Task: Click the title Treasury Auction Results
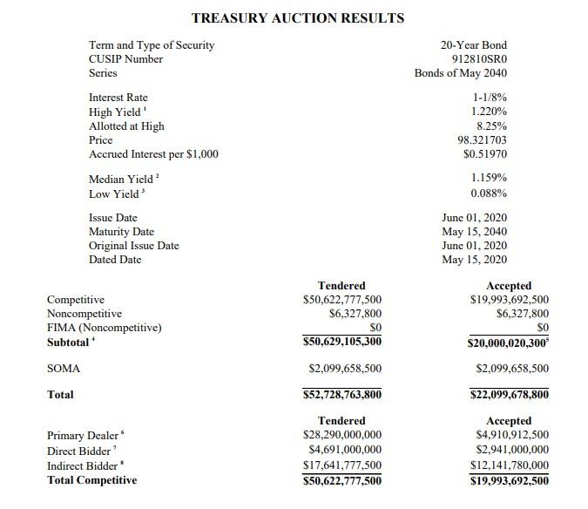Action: click(297, 18)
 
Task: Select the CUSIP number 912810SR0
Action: click(478, 59)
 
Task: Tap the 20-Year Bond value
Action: click(474, 45)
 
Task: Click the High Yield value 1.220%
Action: click(489, 112)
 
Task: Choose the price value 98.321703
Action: click(482, 139)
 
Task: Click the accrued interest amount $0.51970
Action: click(485, 154)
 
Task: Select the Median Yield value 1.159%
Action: click(489, 178)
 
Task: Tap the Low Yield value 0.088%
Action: click(489, 193)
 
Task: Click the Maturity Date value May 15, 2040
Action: click(474, 231)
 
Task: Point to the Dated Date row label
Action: click(114, 259)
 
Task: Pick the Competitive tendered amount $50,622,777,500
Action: click(341, 300)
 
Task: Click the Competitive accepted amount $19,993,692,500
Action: click(509, 300)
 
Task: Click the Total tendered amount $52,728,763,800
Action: click(341, 395)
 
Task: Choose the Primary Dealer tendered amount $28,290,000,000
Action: click(341, 435)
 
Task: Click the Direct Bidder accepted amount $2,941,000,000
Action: click(512, 450)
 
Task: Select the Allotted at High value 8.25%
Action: click(490, 126)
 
